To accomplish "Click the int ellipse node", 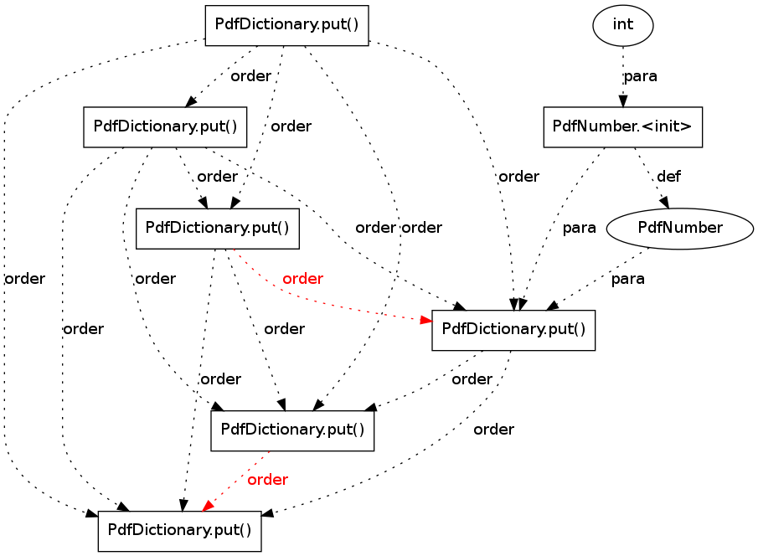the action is click(x=622, y=25).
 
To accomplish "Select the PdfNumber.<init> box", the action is click(x=622, y=126).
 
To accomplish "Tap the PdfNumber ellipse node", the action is click(x=679, y=229).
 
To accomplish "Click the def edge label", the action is click(x=668, y=177).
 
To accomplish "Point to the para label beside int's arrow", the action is click(x=640, y=76).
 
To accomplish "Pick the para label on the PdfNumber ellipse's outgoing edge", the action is click(x=627, y=279).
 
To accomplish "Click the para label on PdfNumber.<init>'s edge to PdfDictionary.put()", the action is click(x=579, y=228).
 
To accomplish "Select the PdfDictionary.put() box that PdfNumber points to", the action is click(x=513, y=330).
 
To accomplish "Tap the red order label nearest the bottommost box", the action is click(x=267, y=480).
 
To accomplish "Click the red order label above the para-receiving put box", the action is click(x=302, y=279).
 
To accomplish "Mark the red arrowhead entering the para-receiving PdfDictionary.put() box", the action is click(x=425, y=320).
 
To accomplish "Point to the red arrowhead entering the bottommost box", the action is click(x=208, y=505).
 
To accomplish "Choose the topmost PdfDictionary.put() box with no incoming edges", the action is click(x=286, y=26).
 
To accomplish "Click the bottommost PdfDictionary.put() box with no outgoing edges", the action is click(x=180, y=531).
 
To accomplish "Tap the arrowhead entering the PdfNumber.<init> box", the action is click(x=623, y=101).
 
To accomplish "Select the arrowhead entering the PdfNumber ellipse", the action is click(x=664, y=203).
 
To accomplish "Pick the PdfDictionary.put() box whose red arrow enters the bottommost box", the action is click(x=292, y=430).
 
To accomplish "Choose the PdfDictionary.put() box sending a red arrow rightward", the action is click(x=218, y=229).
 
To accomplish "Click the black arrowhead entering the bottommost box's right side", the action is click(x=267, y=513).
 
